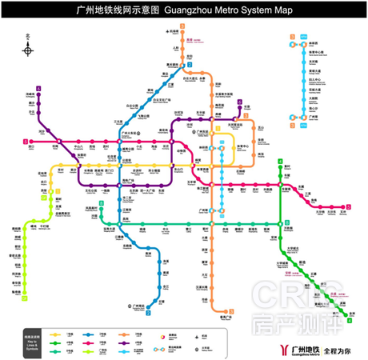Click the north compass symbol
coord(29,50)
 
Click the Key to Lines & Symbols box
coord(33,342)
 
